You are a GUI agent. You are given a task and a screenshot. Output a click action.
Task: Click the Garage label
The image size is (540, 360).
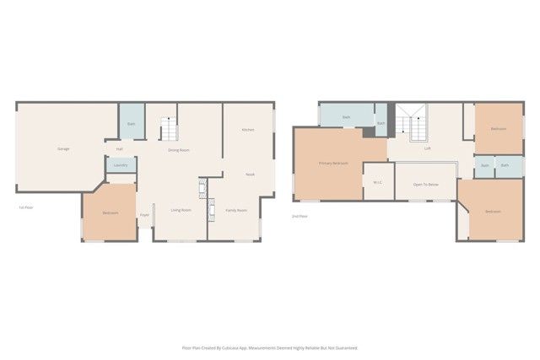point(63,148)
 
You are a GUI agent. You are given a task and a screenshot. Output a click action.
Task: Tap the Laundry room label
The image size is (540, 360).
point(121,165)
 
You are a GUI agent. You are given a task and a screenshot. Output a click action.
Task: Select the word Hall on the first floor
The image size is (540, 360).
point(120,149)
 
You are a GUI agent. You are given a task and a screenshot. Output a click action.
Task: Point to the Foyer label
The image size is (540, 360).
point(144,215)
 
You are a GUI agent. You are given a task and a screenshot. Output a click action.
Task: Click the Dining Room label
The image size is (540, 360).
point(178,149)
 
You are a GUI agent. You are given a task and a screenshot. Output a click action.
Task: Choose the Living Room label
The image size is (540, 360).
point(181,210)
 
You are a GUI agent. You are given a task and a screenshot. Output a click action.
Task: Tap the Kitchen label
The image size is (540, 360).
point(248,130)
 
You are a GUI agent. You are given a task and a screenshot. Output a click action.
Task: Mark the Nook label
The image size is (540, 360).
point(250,174)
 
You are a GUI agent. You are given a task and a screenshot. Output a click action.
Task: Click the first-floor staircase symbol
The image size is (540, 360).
point(169,128)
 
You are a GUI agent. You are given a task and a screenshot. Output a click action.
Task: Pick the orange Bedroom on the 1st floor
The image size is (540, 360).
point(111,212)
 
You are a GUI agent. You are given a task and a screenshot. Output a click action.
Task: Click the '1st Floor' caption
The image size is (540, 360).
point(25,207)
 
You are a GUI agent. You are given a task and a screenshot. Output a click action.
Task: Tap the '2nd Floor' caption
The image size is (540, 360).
point(300,217)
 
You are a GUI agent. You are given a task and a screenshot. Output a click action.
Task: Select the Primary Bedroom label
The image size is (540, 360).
point(333,162)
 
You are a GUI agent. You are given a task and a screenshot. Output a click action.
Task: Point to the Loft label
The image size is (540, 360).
point(428,148)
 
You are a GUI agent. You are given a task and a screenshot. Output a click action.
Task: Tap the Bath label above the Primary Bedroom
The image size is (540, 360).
point(346,116)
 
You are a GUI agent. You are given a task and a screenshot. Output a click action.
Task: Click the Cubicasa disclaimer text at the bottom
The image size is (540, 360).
point(270,347)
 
